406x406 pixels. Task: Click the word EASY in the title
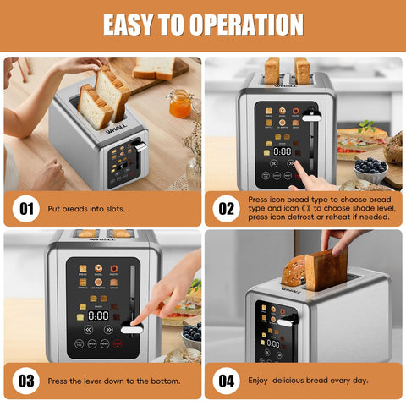click(x=134, y=24)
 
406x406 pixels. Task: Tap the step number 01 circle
click(x=25, y=206)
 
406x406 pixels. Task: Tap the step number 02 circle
click(x=226, y=206)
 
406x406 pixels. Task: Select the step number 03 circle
click(x=25, y=380)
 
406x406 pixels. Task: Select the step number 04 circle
click(x=226, y=380)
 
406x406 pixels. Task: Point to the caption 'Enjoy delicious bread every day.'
click(x=308, y=380)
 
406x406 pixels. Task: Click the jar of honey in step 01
click(x=179, y=102)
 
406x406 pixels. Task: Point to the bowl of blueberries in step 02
click(x=370, y=167)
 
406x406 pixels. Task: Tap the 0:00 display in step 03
click(x=98, y=315)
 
